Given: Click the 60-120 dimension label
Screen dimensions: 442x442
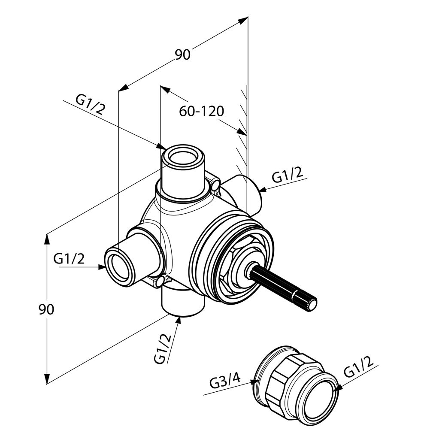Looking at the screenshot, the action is [x=202, y=111].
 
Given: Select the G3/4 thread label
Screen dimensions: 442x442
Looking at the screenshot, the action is [x=225, y=381].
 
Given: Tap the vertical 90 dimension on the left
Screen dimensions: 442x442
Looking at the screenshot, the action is [x=46, y=309].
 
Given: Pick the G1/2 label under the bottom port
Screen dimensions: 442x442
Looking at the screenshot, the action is [x=163, y=348].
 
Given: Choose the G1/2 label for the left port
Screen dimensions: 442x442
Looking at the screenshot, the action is [x=69, y=259].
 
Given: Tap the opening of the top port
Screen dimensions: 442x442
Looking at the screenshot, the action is [x=183, y=156].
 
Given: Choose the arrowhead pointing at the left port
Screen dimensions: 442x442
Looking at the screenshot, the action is [x=102, y=266].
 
